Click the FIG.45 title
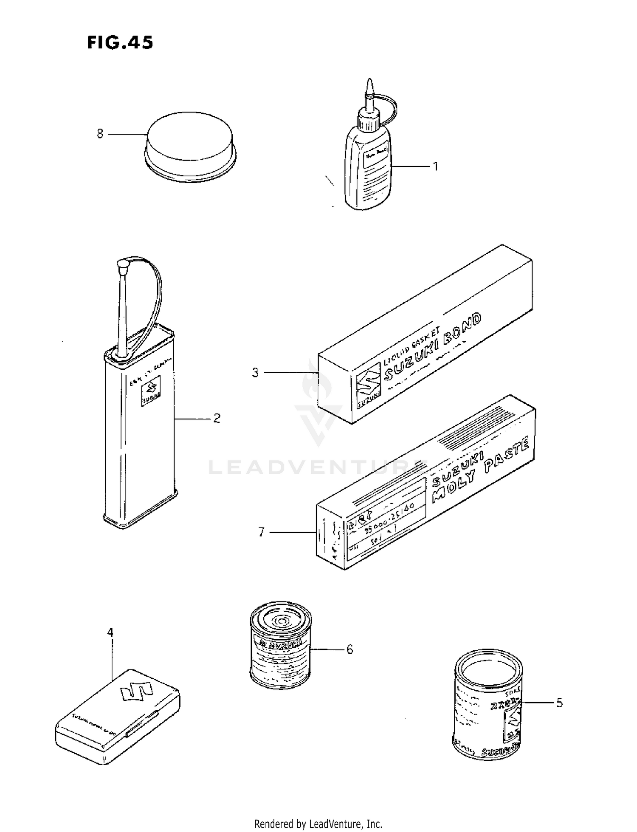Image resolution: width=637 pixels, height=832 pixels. pos(120,43)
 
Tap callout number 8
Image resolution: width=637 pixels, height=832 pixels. pos(100,134)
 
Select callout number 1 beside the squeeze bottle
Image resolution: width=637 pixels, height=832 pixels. pos(435,166)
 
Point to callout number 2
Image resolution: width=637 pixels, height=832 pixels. pos(217,419)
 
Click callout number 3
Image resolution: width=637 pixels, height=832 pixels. pos(255,373)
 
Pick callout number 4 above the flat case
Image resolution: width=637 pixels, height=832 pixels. pos(110,632)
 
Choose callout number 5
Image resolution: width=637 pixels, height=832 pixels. pos(559,703)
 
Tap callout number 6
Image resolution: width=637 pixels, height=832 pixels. pos(350,649)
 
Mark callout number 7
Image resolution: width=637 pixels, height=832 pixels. pos(261,532)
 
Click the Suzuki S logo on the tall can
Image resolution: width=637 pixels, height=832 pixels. pos(152,390)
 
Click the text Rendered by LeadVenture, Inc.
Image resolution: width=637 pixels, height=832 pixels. pos(318,824)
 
